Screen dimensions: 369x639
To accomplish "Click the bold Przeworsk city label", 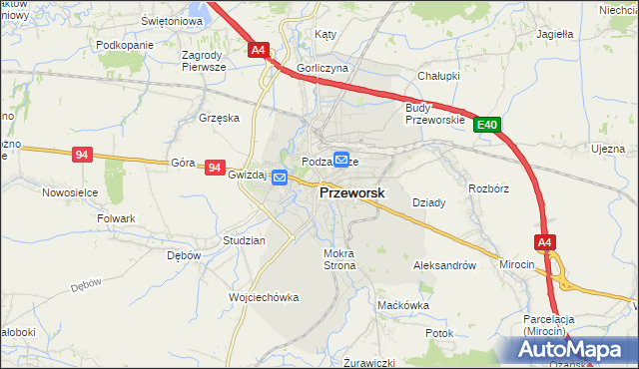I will [352, 196].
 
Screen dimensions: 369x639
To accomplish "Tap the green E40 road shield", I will [486, 125].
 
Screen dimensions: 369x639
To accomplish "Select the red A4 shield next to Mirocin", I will [544, 242].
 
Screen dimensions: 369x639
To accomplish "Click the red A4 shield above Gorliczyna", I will [259, 49].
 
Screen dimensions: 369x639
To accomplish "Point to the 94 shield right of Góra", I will [214, 169].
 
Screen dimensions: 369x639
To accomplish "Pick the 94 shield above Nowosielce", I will [82, 155].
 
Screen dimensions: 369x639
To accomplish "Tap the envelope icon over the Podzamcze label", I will [341, 159].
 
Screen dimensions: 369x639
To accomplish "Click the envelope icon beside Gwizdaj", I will [280, 178].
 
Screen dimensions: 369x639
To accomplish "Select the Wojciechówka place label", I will [265, 298].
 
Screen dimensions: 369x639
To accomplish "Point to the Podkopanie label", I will [125, 46].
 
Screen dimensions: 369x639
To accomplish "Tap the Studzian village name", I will [244, 240].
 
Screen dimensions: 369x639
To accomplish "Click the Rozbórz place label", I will [489, 186].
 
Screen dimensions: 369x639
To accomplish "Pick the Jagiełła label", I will [554, 34].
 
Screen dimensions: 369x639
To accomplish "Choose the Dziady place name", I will [428, 201].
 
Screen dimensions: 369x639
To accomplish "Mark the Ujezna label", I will [608, 149].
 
